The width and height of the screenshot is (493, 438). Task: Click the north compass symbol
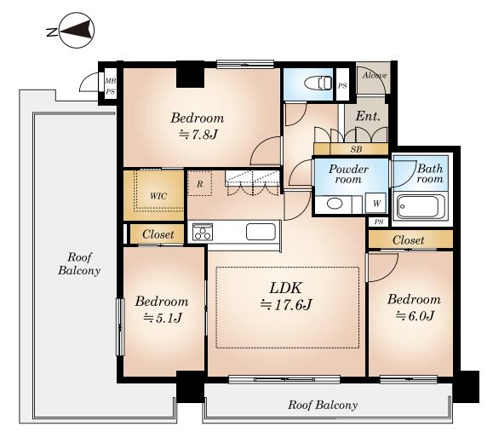77,31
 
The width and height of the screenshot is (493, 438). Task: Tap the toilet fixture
318,84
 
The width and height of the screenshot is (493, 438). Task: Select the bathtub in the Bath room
421,206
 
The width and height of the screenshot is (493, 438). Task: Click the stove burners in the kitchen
202,233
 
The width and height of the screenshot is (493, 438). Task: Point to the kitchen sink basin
261,232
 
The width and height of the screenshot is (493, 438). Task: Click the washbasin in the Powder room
335,204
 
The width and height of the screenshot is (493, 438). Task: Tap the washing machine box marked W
376,204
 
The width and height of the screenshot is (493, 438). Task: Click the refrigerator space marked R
199,183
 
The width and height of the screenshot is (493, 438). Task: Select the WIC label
158,196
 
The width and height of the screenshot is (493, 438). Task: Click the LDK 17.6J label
285,296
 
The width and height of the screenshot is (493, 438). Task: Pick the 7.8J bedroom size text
198,135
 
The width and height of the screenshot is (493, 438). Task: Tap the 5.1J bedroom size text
163,319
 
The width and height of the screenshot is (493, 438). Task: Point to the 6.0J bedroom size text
415,315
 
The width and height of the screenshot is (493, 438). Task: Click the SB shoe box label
356,149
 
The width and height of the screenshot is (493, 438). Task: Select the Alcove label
374,76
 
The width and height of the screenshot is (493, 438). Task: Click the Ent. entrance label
368,116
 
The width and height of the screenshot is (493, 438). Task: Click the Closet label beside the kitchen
158,234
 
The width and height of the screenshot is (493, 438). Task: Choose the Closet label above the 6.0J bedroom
408,240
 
